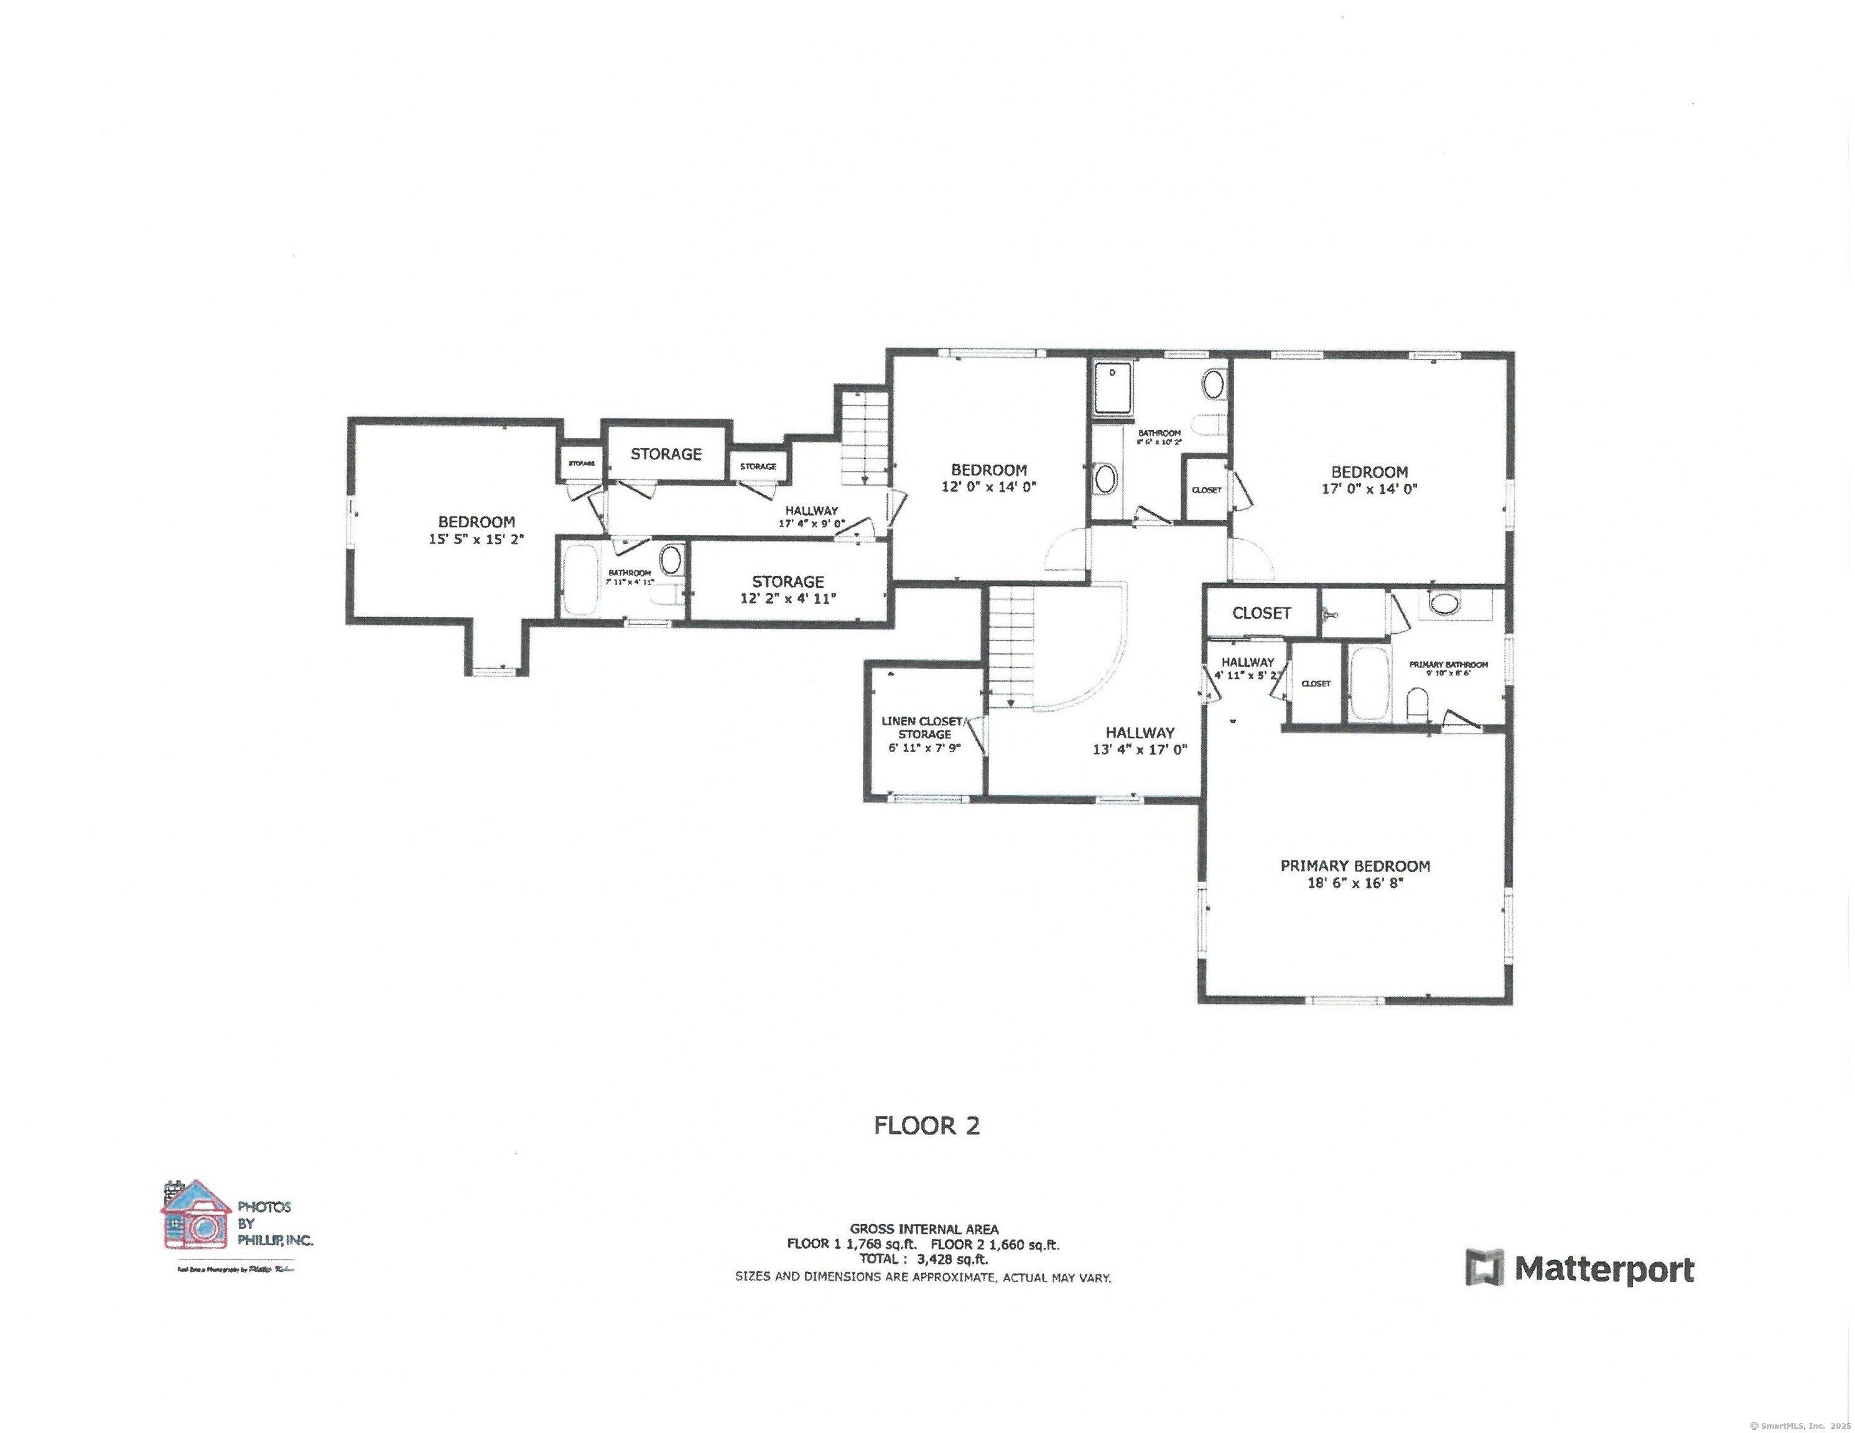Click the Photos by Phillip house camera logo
196,1215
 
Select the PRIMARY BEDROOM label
1355,866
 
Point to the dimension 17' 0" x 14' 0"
1369,489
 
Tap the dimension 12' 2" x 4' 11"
788,598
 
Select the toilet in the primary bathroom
1416,704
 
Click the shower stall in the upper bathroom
1113,387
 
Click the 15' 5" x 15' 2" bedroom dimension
476,539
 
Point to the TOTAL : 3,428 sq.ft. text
923,1259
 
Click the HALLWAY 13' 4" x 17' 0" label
1139,741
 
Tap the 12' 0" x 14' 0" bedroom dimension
988,487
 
